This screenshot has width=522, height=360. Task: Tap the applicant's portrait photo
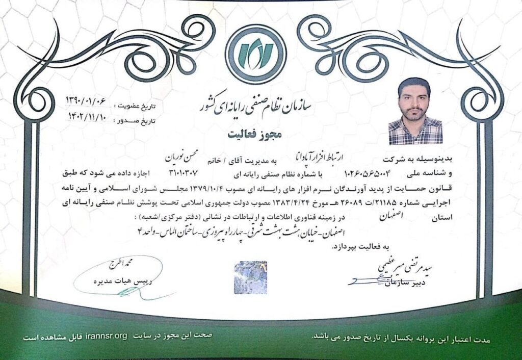click(415, 111)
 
